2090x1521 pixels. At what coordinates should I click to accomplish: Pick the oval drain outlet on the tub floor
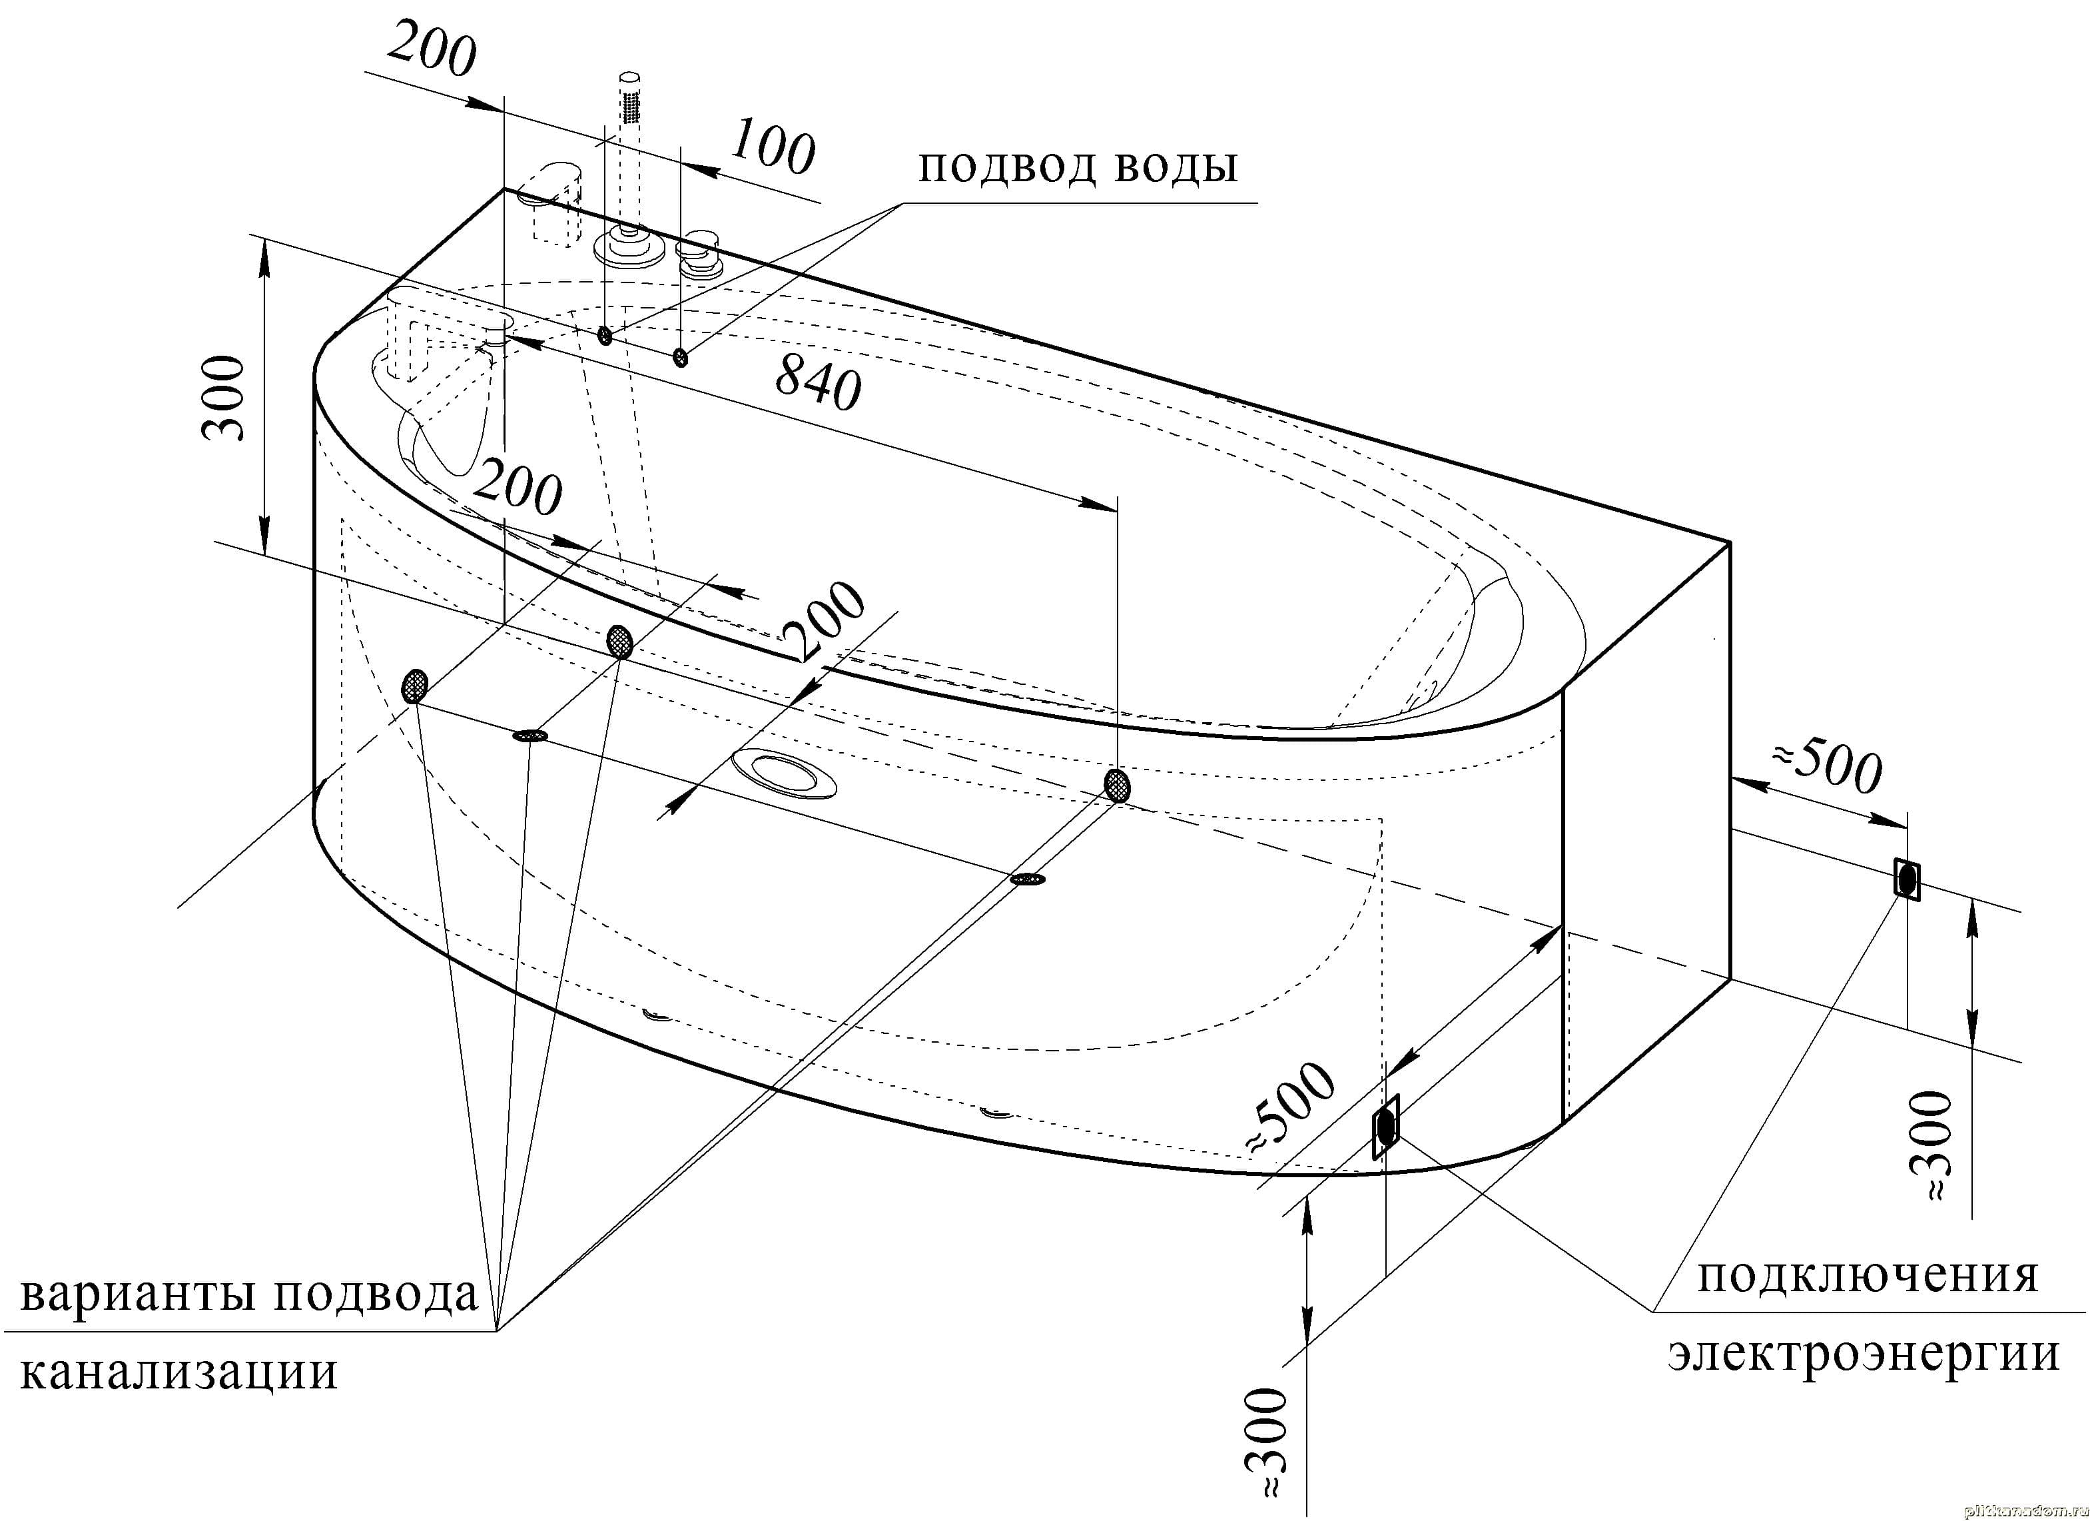tap(785, 771)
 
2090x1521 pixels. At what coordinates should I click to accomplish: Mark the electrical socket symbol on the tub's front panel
tap(1385, 1127)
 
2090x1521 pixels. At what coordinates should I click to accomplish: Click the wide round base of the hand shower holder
tap(629, 249)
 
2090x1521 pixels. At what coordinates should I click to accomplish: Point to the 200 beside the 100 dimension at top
tap(430, 53)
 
